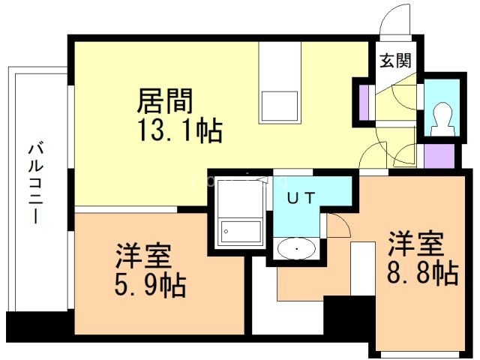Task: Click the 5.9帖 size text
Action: coord(151,285)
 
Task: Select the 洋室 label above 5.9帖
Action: coord(143,256)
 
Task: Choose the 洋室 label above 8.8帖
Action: coord(415,244)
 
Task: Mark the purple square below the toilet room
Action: coord(439,155)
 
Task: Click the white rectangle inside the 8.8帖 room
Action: coord(364,270)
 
